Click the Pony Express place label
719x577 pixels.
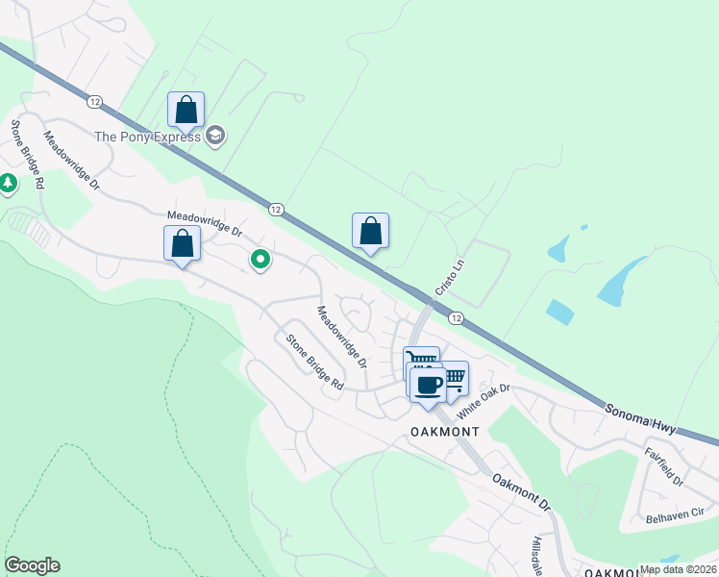pyautogui.click(x=147, y=137)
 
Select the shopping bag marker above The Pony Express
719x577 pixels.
pyautogui.click(x=186, y=110)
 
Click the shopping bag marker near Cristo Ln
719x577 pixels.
pyautogui.click(x=370, y=231)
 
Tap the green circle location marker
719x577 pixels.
pyautogui.click(x=260, y=259)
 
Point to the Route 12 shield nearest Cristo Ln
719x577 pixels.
pyautogui.click(x=456, y=318)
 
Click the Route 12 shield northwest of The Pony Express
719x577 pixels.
pyautogui.click(x=93, y=101)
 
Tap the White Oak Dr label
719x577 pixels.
pyautogui.click(x=482, y=401)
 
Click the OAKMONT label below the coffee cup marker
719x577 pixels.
pyautogui.click(x=444, y=432)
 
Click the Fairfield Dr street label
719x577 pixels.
pyautogui.click(x=663, y=466)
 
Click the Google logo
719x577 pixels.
pyautogui.click(x=32, y=565)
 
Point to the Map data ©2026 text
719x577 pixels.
pyautogui.click(x=678, y=569)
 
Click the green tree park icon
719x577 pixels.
pyautogui.click(x=8, y=182)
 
